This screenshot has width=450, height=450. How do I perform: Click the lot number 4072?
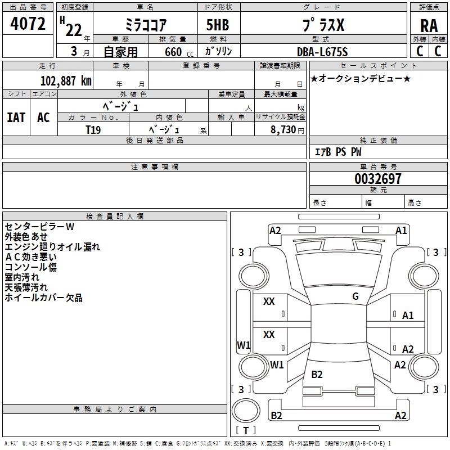pyautogui.click(x=28, y=24)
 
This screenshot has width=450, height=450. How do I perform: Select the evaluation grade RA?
pyautogui.click(x=429, y=26)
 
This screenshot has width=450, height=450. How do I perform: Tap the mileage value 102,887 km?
pyautogui.click(x=66, y=80)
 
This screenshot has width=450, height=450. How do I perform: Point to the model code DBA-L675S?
pyautogui.click(x=322, y=52)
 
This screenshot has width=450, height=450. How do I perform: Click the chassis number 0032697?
pyautogui.click(x=378, y=179)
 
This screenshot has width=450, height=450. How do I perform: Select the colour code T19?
pyautogui.click(x=93, y=129)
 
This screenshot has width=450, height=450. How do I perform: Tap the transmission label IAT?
pyautogui.click(x=16, y=117)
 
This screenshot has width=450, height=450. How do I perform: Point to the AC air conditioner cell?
pyautogui.click(x=43, y=117)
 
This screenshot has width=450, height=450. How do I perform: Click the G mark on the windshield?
pyautogui.click(x=355, y=296)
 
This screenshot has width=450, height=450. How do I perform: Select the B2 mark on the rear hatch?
pyautogui.click(x=317, y=375)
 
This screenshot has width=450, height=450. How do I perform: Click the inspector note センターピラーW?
pyautogui.click(x=39, y=227)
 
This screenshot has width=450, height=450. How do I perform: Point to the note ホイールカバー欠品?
pyautogui.click(x=43, y=298)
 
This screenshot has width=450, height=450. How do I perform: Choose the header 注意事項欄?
pyautogui.click(x=154, y=167)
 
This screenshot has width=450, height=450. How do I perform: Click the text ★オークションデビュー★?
pyautogui.click(x=361, y=78)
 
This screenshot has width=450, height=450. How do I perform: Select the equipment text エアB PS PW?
pyautogui.click(x=337, y=152)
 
